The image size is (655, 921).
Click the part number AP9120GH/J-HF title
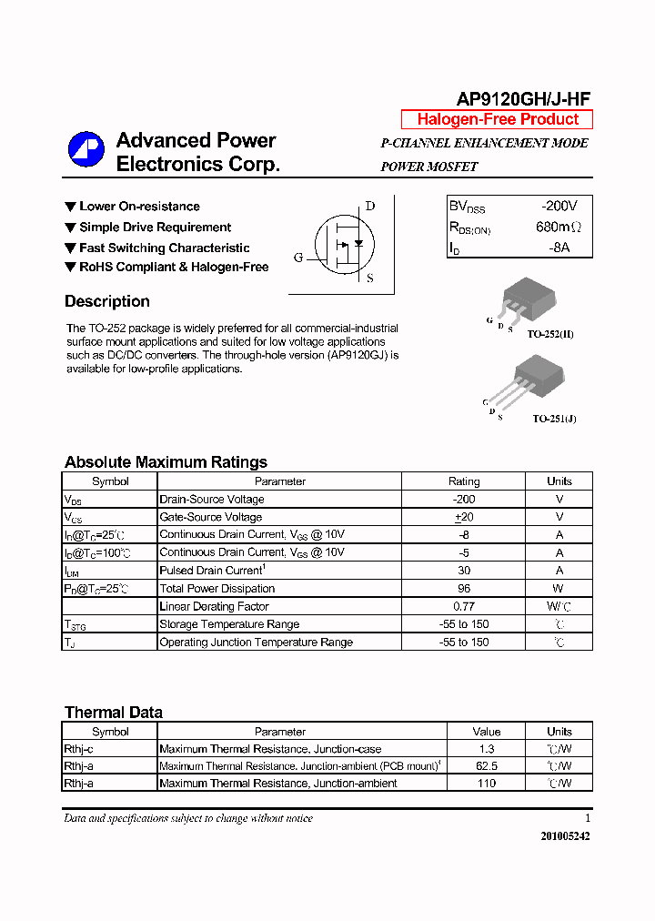click(523, 100)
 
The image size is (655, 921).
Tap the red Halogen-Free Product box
click(497, 119)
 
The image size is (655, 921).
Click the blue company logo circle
click(86, 149)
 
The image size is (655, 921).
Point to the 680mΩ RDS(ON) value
click(558, 227)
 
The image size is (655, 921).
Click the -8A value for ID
click(558, 248)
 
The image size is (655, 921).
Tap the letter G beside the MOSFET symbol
click(298, 258)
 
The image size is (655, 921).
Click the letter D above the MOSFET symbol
click(370, 206)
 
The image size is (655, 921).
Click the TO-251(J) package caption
click(554, 419)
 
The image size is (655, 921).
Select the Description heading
click(107, 302)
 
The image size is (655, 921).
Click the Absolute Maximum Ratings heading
click(166, 462)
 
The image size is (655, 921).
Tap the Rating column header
click(464, 481)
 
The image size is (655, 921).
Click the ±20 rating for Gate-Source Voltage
click(464, 517)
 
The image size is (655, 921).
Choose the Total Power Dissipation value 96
click(464, 589)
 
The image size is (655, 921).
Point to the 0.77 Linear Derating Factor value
click(464, 606)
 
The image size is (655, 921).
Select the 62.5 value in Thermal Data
click(487, 766)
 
